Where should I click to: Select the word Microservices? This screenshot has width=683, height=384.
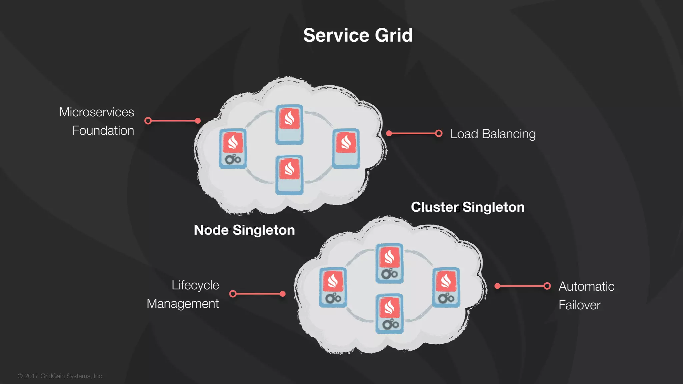click(97, 112)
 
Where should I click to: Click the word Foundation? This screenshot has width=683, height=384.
click(103, 131)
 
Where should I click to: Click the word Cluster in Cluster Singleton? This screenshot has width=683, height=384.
click(435, 207)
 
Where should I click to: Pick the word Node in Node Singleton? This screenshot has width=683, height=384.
click(211, 230)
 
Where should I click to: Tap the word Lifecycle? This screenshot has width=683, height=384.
click(195, 285)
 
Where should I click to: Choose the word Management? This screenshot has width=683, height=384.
click(182, 304)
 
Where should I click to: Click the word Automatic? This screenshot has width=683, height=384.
click(586, 287)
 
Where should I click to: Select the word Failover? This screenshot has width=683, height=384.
click(579, 305)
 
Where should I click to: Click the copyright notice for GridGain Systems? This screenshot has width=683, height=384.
click(60, 376)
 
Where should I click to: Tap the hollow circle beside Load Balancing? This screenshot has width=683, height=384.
click(439, 134)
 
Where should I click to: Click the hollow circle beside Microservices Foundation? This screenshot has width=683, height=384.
click(148, 121)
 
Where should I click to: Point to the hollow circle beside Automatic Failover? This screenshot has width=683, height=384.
click(547, 286)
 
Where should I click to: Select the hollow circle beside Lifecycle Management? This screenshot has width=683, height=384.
click(233, 294)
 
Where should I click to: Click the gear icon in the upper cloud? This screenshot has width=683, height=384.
click(232, 159)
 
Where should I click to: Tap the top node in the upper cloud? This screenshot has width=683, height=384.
click(289, 124)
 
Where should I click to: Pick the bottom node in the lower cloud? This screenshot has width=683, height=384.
click(389, 313)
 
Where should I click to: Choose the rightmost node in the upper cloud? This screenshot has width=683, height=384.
click(346, 148)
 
